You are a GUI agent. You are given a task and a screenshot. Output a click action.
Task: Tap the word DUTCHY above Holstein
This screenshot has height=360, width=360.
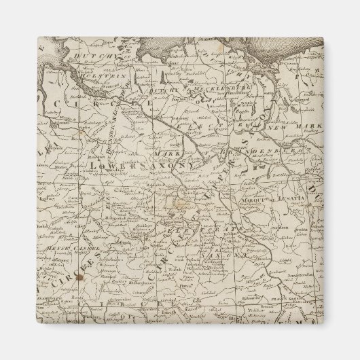click(x=91, y=58)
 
